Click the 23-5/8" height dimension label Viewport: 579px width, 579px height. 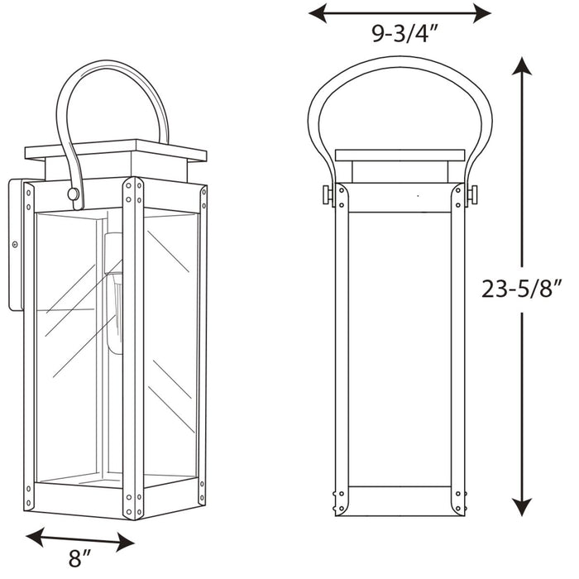(522, 289)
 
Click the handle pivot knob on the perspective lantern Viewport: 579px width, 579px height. (74, 194)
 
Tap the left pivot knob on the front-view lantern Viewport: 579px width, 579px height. (328, 195)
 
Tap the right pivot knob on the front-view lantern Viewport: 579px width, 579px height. (472, 195)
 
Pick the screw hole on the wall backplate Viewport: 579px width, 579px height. (14, 244)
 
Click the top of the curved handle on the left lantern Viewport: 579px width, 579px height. (112, 65)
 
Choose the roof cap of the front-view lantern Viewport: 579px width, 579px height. (400, 156)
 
